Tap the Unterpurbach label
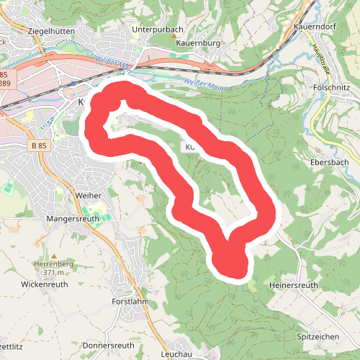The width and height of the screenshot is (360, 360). point(159,30)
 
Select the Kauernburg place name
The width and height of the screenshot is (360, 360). point(197,43)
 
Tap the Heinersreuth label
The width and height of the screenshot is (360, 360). point(293,285)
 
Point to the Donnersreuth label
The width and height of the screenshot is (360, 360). point(109,345)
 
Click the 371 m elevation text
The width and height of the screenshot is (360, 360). point(54,272)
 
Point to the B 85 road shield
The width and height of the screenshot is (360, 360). point(40,145)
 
